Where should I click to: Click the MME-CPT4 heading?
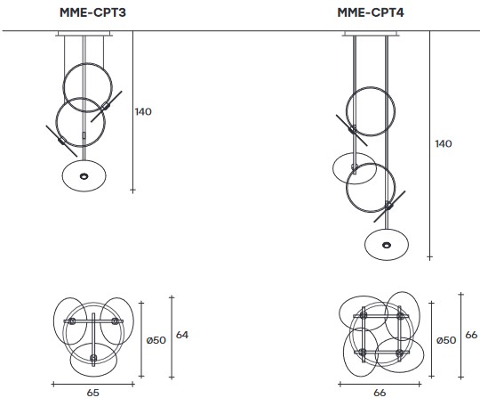(x=372, y=12)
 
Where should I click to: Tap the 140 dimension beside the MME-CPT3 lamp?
(x=143, y=112)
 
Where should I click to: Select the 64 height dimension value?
(x=182, y=335)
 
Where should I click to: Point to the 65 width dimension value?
(x=92, y=391)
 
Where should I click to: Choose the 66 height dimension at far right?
(x=471, y=335)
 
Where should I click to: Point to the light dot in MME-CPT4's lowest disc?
(x=387, y=244)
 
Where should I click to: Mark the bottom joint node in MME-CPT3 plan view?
(x=94, y=359)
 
